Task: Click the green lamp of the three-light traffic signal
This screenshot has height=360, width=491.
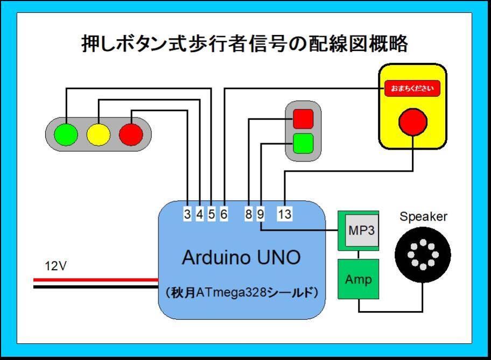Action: click(66, 135)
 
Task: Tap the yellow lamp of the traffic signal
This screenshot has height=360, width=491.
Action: click(98, 135)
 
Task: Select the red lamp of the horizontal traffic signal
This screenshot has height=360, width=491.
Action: click(131, 135)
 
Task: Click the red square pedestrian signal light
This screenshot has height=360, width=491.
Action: click(303, 118)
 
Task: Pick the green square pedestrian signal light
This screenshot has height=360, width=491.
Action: click(303, 143)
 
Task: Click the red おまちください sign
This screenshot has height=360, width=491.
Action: click(412, 88)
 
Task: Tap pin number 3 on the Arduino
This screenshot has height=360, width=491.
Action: click(187, 214)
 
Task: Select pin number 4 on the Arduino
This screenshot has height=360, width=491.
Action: click(199, 214)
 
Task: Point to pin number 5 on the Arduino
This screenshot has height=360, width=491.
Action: click(212, 214)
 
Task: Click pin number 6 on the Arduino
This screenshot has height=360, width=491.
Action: click(224, 214)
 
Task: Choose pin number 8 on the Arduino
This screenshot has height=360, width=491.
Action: click(248, 214)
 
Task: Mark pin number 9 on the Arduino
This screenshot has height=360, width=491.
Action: click(261, 214)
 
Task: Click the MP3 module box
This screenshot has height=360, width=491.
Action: click(361, 231)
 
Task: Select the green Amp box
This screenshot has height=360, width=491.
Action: click(358, 279)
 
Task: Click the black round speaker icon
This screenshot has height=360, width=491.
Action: click(423, 255)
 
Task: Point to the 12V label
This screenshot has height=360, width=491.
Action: click(55, 266)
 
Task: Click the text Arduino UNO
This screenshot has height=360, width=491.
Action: click(241, 257)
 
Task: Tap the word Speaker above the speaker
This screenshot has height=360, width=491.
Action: click(423, 217)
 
